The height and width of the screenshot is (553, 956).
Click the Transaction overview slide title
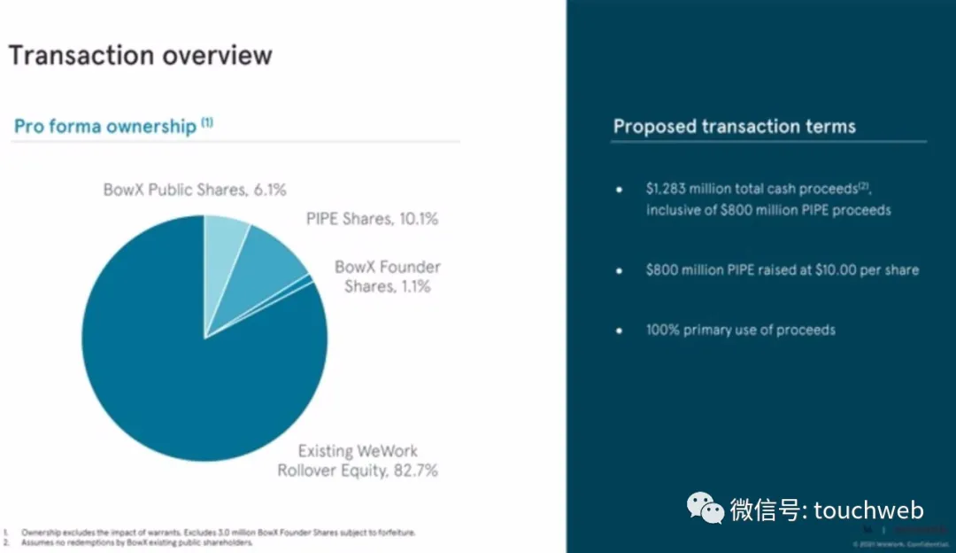point(140,56)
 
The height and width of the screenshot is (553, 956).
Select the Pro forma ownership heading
point(105,127)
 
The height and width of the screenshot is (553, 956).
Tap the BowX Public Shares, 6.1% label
point(195,190)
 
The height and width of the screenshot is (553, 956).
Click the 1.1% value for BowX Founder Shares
point(411,286)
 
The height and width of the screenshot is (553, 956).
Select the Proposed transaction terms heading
point(735,127)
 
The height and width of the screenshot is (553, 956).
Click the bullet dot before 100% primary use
point(620,330)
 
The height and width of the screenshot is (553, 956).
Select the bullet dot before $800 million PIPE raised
point(620,269)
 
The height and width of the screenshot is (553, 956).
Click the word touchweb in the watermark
point(868,510)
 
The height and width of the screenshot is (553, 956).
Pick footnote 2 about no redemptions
point(137,542)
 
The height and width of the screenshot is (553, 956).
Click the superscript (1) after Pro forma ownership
point(207,122)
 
